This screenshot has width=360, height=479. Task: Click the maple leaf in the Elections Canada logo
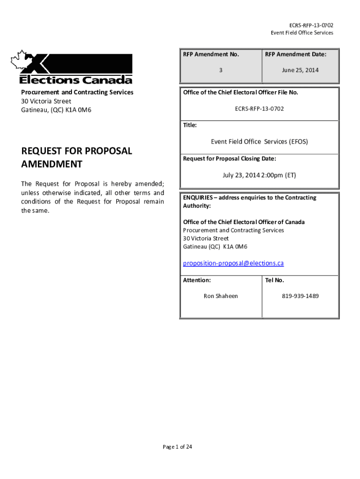[20, 61]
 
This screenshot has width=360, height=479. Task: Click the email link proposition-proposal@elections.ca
[233, 263]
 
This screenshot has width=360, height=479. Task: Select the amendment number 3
[221, 70]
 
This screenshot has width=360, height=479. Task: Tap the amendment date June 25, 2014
[300, 70]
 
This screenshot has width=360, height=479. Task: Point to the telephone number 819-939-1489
[300, 296]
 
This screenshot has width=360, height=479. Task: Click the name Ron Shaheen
[221, 296]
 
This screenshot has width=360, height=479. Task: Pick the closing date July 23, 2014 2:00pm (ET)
[259, 175]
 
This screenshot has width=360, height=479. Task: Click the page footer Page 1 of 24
[177, 447]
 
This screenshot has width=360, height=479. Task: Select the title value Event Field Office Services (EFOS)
[259, 142]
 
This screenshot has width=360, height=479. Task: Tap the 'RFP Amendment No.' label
[211, 55]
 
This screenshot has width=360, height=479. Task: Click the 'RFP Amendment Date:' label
[295, 55]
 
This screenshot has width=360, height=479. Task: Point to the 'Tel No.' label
[274, 281]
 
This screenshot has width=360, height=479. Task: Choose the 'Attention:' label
[197, 281]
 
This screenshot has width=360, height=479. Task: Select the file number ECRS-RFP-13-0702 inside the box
[259, 109]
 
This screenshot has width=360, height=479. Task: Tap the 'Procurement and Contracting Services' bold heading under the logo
[77, 93]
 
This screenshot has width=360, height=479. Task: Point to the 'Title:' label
[190, 125]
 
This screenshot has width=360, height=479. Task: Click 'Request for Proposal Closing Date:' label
[229, 159]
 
